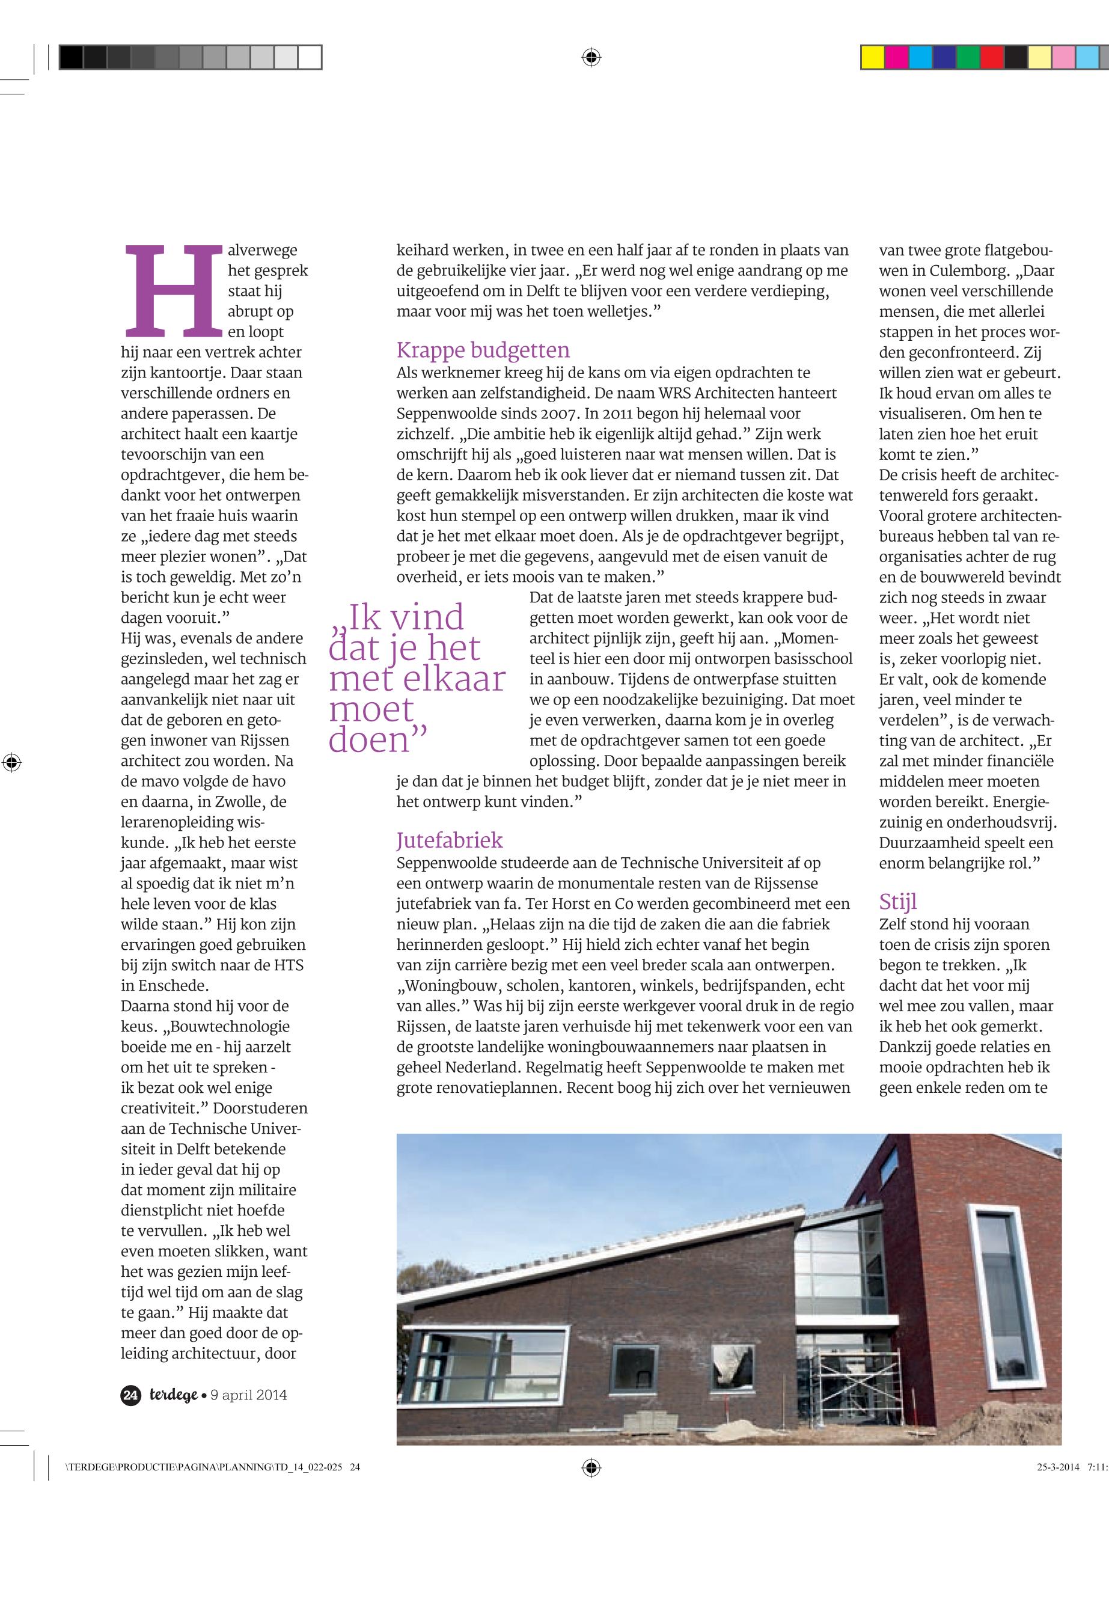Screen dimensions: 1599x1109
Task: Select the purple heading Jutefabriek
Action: [x=449, y=840]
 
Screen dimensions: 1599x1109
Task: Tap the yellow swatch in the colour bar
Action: [x=873, y=57]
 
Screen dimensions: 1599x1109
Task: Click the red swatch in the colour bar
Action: [x=992, y=57]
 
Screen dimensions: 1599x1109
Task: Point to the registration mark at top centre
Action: [x=591, y=57]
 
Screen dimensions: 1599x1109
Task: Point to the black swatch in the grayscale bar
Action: [x=71, y=57]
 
